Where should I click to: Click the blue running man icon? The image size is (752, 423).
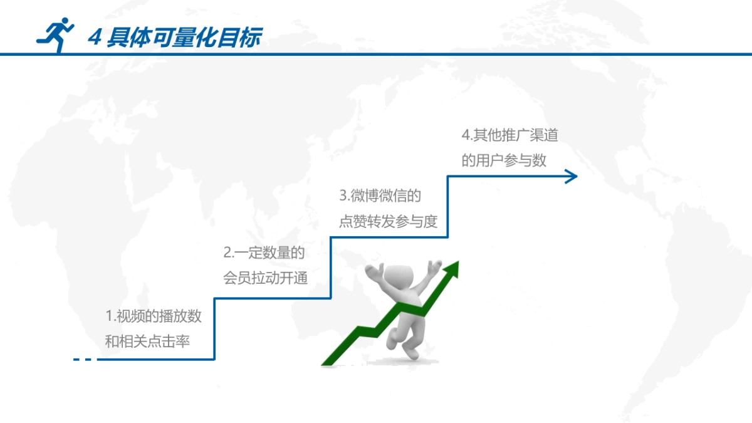(x=55, y=34)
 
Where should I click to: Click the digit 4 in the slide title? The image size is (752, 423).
(x=95, y=37)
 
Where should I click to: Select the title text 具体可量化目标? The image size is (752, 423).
(x=184, y=37)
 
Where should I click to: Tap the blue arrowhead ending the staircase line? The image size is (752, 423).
(x=571, y=177)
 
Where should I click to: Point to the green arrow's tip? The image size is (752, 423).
(x=458, y=261)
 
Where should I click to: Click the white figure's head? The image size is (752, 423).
(x=398, y=277)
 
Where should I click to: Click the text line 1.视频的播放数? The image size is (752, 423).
(x=154, y=316)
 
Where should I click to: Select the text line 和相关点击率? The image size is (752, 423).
(x=147, y=342)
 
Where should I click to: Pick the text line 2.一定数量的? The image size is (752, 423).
(x=264, y=253)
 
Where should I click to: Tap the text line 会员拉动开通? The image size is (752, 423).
(x=265, y=278)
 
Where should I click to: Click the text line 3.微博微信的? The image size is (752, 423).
(x=380, y=196)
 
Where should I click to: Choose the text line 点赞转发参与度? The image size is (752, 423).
(x=388, y=221)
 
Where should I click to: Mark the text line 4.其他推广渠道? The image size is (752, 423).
(x=509, y=135)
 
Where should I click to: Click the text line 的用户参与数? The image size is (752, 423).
(x=504, y=160)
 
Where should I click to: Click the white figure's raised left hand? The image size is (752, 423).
(x=374, y=272)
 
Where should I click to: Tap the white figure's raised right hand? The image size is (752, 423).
(x=434, y=268)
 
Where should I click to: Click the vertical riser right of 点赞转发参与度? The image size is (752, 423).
(x=447, y=206)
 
